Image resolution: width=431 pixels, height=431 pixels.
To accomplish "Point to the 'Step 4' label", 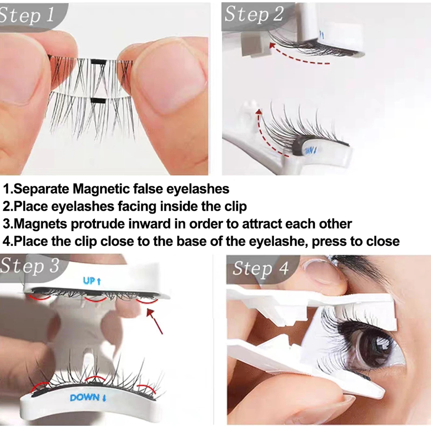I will [260, 268].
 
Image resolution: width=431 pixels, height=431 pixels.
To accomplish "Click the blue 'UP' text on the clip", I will [92, 281].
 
